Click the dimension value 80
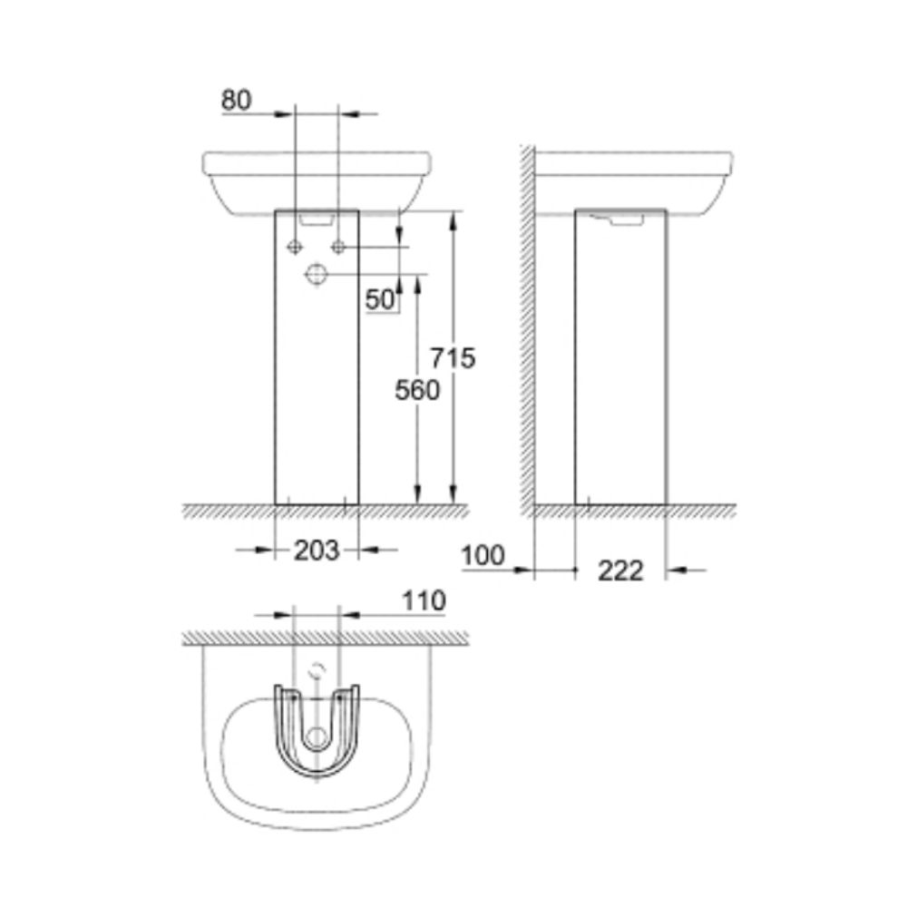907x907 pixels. [x=236, y=100]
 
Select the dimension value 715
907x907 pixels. [x=453, y=358]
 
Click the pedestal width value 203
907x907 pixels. [x=317, y=550]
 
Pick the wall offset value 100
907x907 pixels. [x=482, y=555]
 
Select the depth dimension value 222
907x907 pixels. [x=620, y=571]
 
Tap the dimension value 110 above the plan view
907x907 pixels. [x=423, y=600]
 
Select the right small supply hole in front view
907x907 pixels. [x=338, y=247]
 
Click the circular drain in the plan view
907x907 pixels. [x=317, y=738]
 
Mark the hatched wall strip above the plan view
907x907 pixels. [x=317, y=638]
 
